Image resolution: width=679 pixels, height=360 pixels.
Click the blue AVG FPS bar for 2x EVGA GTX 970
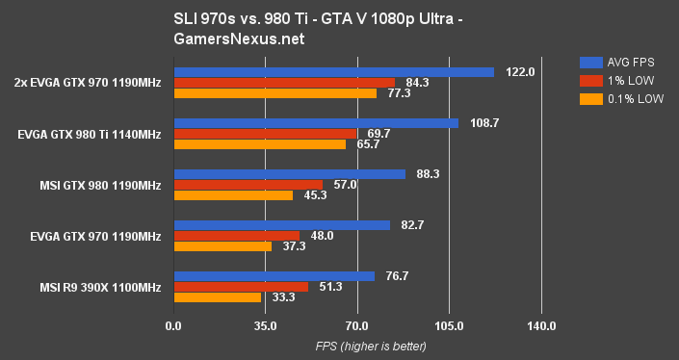(333, 72)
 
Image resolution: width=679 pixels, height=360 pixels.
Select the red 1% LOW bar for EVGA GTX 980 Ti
(265, 134)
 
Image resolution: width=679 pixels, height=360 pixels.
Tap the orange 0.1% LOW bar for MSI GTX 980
(233, 195)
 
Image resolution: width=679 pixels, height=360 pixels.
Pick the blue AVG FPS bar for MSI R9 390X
(274, 276)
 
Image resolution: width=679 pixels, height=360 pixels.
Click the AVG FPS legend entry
(623, 59)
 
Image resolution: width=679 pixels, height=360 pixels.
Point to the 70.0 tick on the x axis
(357, 326)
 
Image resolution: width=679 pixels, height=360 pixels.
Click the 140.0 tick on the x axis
(541, 326)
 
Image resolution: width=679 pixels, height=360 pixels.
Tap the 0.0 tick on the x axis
(173, 326)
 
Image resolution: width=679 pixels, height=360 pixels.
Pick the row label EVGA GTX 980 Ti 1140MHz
(89, 134)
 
